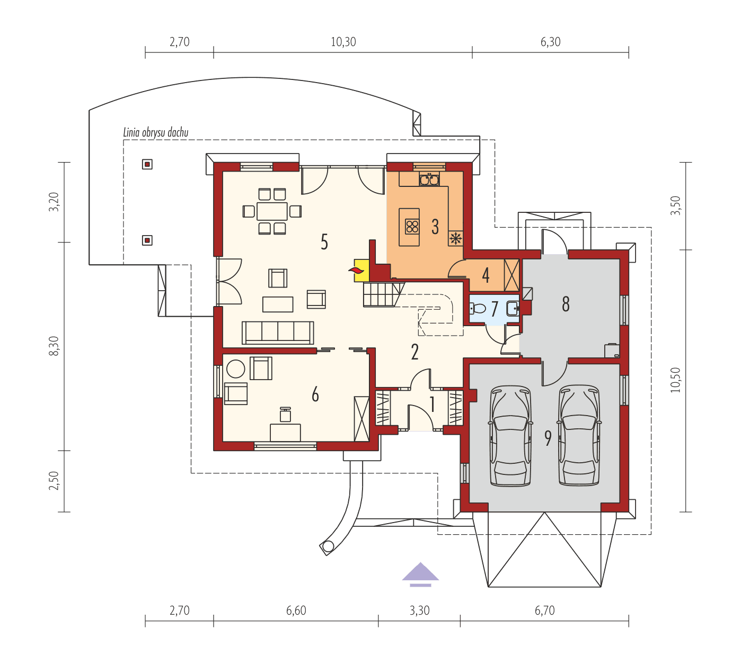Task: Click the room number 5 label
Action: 324,242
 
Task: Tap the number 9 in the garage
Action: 548,438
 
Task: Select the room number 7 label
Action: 495,309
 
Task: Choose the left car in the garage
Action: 510,436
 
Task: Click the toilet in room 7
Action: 478,309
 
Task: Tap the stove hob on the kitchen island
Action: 412,227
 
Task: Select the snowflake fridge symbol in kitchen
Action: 455,238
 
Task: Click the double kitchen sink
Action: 429,179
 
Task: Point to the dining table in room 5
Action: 272,211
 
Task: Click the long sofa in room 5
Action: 278,332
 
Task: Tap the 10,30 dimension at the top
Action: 343,42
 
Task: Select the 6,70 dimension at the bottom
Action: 544,610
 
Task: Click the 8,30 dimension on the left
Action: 55,347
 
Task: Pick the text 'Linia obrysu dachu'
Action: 155,132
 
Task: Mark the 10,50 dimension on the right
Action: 675,380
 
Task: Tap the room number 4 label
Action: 486,275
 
